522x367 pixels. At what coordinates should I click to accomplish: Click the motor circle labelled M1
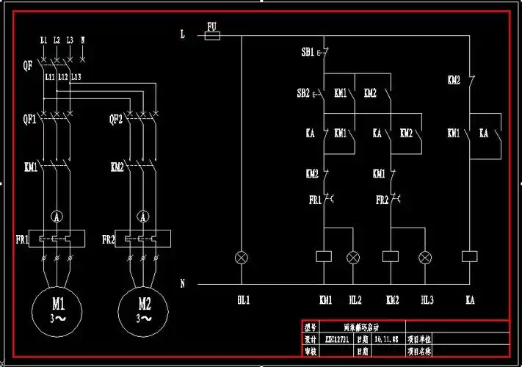click(58, 308)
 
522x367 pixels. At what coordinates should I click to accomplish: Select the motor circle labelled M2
click(144, 308)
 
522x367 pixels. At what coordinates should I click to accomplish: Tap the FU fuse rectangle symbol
click(212, 34)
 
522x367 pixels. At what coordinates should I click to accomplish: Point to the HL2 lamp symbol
click(354, 257)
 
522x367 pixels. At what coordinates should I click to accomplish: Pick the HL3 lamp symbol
click(425, 257)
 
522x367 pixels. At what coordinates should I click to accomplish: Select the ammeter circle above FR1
click(57, 217)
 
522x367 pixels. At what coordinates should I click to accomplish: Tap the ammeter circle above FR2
click(144, 217)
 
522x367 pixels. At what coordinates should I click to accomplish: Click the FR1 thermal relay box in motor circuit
click(57, 239)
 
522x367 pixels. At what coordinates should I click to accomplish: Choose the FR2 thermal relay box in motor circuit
click(144, 239)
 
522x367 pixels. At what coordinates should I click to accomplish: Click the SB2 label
click(303, 93)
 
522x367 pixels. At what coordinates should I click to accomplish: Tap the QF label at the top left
click(27, 65)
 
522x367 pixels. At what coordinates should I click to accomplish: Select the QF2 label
click(115, 118)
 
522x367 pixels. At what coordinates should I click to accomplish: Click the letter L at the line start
click(182, 34)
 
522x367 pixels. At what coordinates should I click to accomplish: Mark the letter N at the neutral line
click(182, 283)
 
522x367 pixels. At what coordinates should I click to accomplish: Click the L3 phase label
click(69, 39)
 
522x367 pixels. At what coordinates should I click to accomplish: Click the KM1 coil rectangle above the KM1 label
click(324, 257)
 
